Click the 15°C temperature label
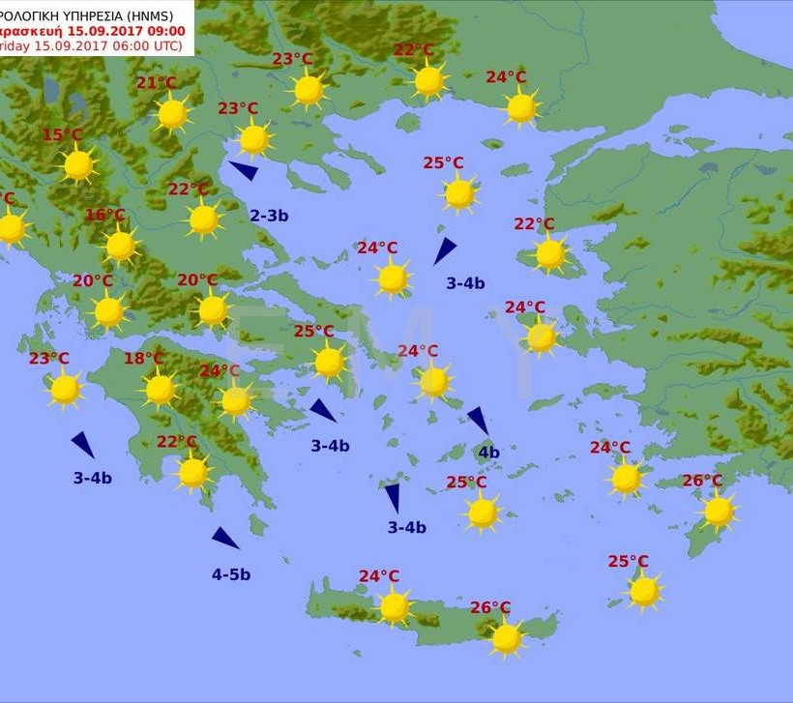point(62,134)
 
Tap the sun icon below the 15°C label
point(78,165)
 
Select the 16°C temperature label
point(104,215)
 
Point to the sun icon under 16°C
point(121,246)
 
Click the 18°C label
point(143,359)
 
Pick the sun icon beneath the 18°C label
point(160,390)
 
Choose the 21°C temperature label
point(156,83)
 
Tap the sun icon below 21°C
point(172,114)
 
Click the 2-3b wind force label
point(269,216)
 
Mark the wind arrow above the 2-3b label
point(244,171)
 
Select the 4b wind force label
point(488,452)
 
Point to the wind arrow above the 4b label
point(478,420)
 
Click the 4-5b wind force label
point(231,574)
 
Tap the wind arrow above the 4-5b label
point(225,538)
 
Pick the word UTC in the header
point(167,44)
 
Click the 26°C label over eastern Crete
point(490,607)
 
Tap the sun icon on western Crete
point(394,607)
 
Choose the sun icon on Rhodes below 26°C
point(719,512)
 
